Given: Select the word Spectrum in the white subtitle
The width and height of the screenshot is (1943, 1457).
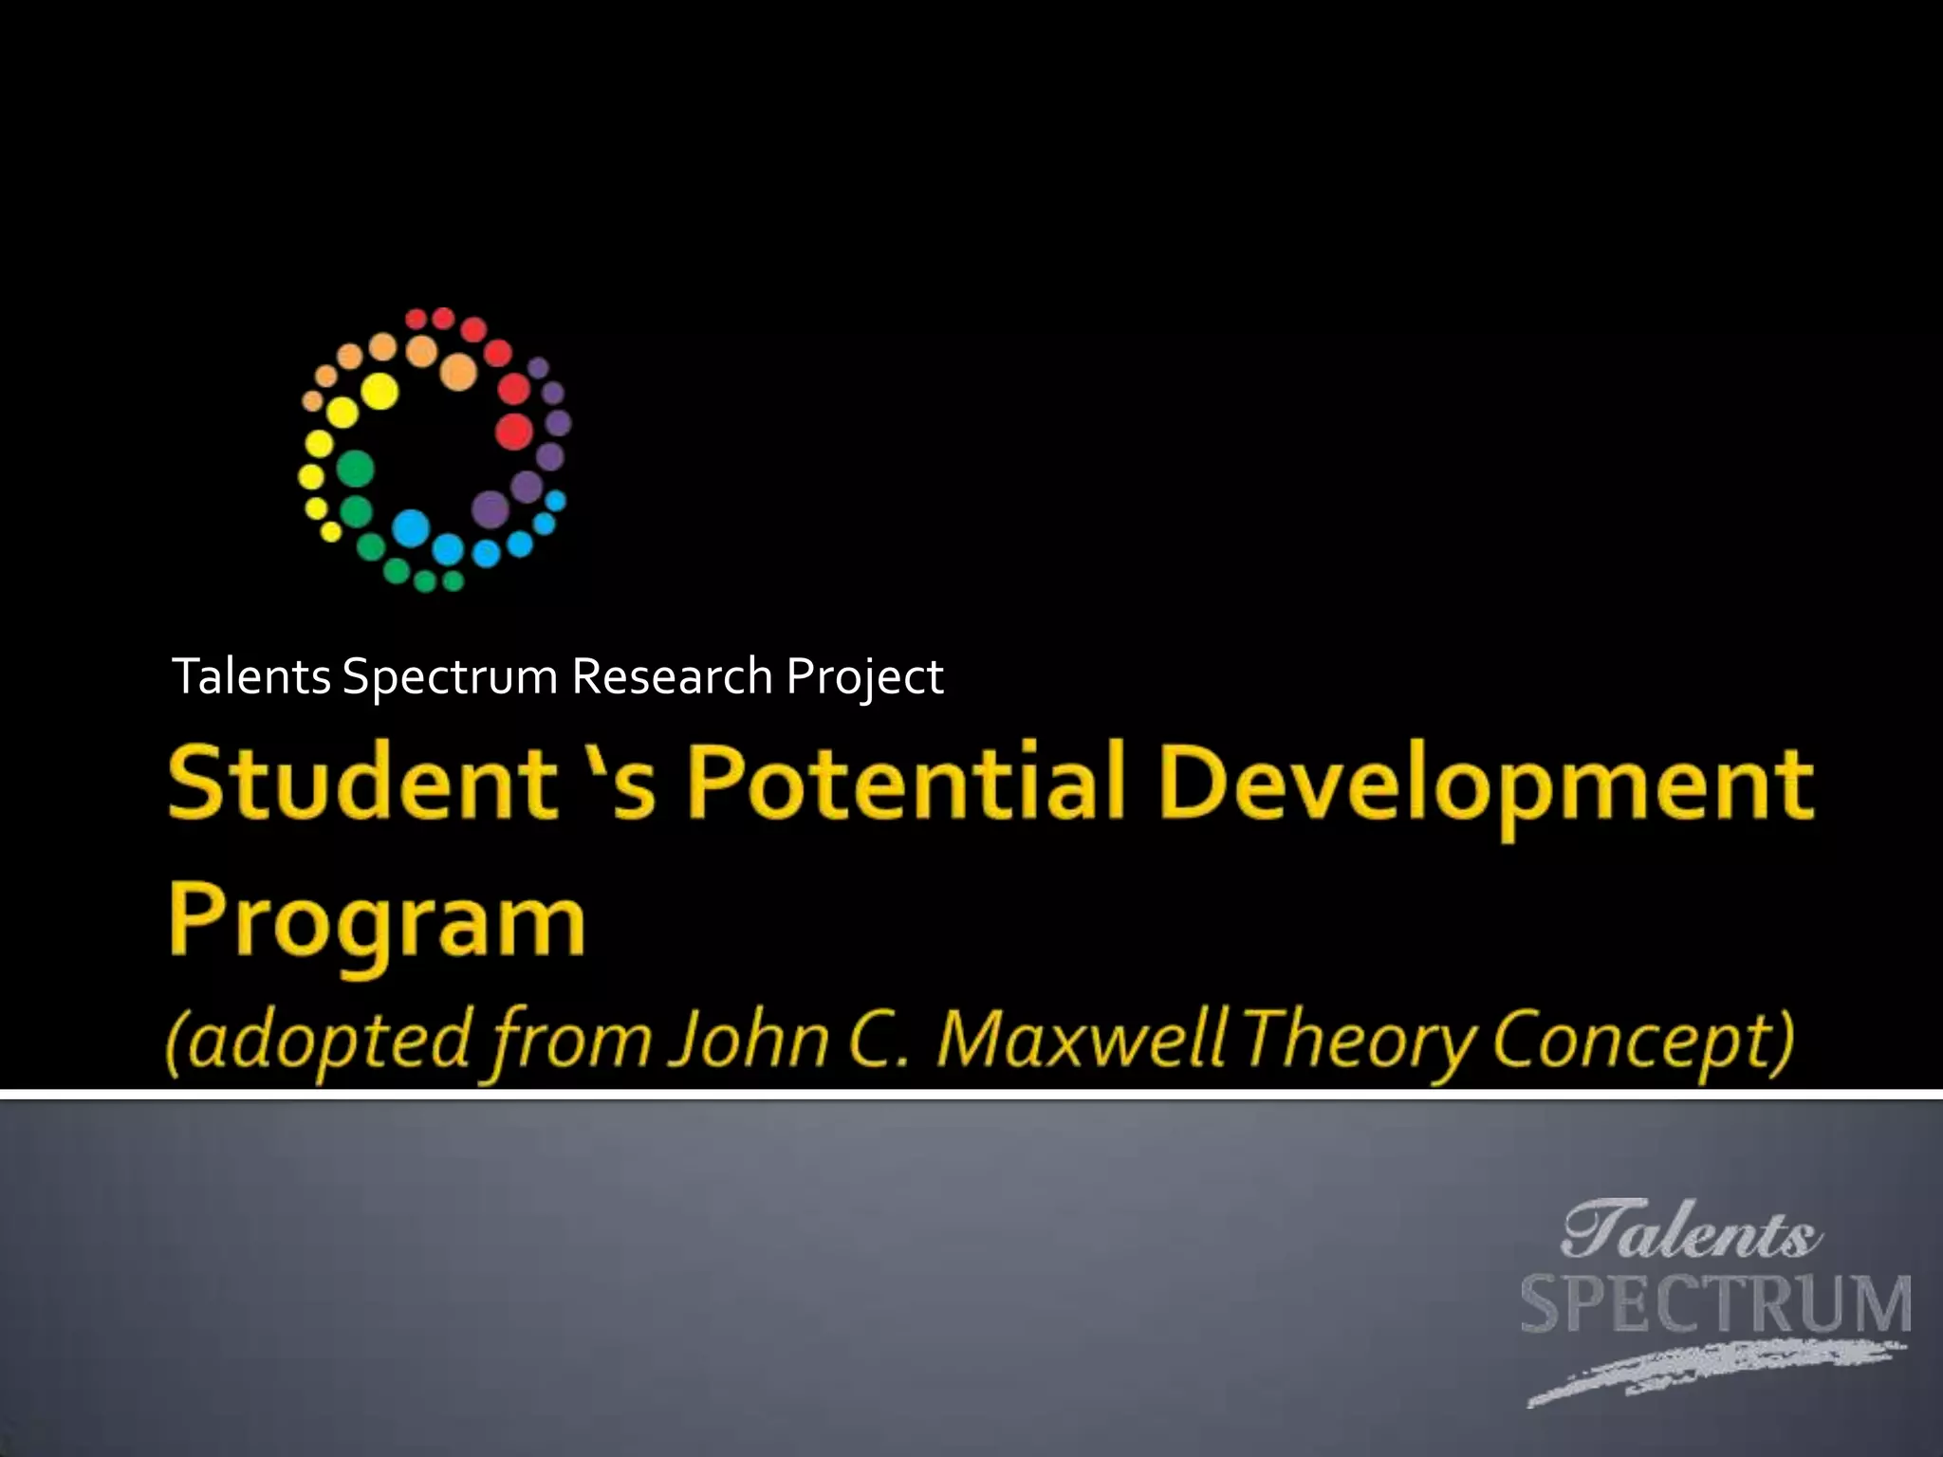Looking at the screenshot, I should (x=450, y=677).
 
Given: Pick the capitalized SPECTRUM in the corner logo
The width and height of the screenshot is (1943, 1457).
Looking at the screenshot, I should (x=1715, y=1306).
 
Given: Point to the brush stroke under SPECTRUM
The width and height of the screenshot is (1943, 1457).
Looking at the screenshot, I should (x=1708, y=1371).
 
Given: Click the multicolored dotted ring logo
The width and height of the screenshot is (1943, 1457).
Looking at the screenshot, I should (x=435, y=449).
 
